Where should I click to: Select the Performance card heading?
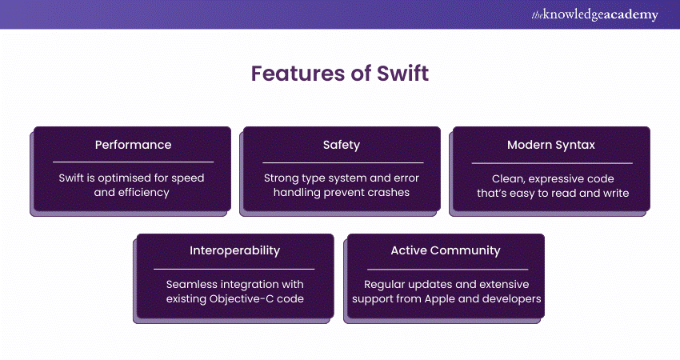coord(133,145)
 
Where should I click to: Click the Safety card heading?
coord(342,145)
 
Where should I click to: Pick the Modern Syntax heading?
coord(550,145)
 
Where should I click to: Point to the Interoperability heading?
coord(234,250)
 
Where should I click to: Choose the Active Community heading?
coord(446,250)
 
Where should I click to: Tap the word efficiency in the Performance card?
coord(146,193)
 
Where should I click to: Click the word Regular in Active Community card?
coord(386,284)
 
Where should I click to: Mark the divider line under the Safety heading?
coord(342,162)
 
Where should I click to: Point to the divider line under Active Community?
coord(446,269)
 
